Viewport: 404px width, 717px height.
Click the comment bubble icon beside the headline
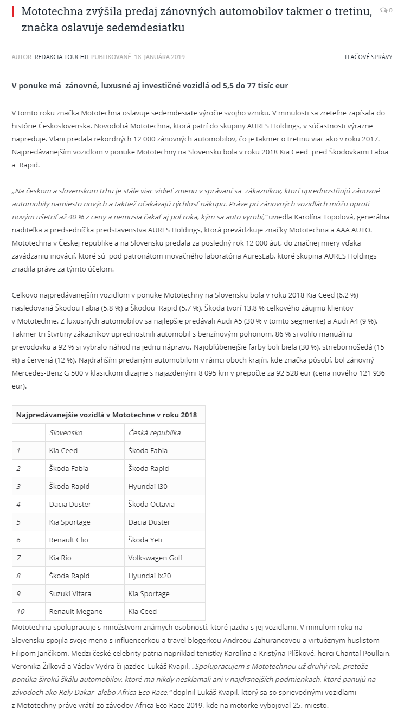(384, 10)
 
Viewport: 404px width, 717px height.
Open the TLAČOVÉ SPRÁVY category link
(368, 56)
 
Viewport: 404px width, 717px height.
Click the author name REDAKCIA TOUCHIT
(62, 56)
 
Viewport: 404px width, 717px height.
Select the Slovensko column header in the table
(66, 432)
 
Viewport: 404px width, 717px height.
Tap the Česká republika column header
(154, 432)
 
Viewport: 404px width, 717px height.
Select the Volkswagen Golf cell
(155, 558)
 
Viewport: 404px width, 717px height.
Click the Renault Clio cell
(68, 540)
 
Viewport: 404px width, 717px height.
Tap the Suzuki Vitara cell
(69, 593)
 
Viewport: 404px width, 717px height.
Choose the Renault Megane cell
(75, 611)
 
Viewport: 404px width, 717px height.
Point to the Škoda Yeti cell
(145, 540)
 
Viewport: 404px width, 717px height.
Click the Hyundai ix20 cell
(149, 576)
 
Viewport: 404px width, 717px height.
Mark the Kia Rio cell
(60, 558)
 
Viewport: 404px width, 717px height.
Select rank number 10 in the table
(21, 611)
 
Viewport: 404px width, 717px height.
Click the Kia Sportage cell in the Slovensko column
(69, 522)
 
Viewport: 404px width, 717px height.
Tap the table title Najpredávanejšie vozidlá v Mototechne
(106, 415)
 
